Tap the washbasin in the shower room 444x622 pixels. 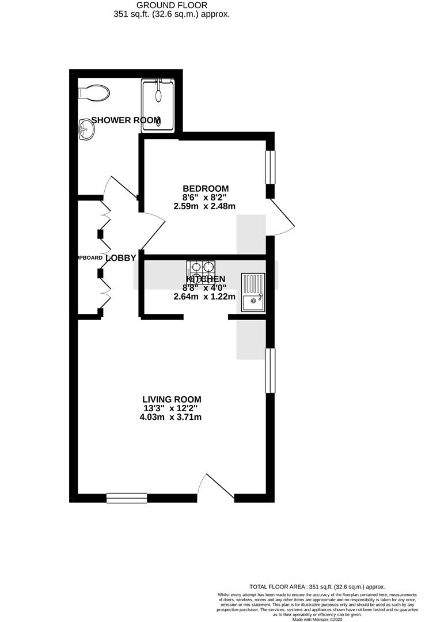[x=86, y=130]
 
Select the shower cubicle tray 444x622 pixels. [x=158, y=105]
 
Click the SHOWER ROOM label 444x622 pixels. [x=126, y=120]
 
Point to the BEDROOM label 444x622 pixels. [x=206, y=188]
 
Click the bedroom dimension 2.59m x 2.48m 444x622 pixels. [x=206, y=206]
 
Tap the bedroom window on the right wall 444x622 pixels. [x=270, y=168]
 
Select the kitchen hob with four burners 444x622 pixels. [x=200, y=268]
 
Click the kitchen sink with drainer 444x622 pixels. [x=253, y=293]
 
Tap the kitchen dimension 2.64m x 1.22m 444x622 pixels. [x=204, y=297]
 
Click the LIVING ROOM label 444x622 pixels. [x=172, y=399]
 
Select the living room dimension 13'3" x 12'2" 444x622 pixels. [x=172, y=408]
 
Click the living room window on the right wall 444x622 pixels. [x=270, y=370]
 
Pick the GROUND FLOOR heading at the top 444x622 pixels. [x=171, y=5]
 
